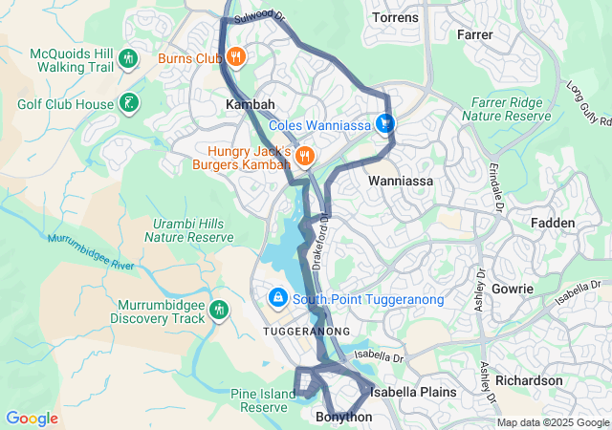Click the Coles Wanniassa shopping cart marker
coord(384,124)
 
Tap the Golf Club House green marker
coord(127,103)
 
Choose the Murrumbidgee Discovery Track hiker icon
coord(219,310)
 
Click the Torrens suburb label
coord(395,18)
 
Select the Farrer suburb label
coord(475,35)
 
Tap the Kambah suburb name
coord(250,103)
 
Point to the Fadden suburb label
coord(554,223)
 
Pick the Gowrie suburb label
coord(514,288)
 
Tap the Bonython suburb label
coord(343,418)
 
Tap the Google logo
coord(32,419)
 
